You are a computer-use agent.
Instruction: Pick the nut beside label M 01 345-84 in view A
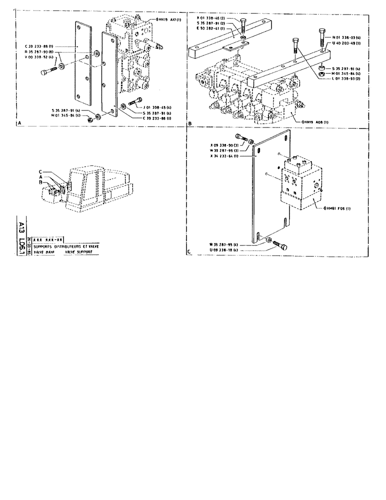coord(90,120)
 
